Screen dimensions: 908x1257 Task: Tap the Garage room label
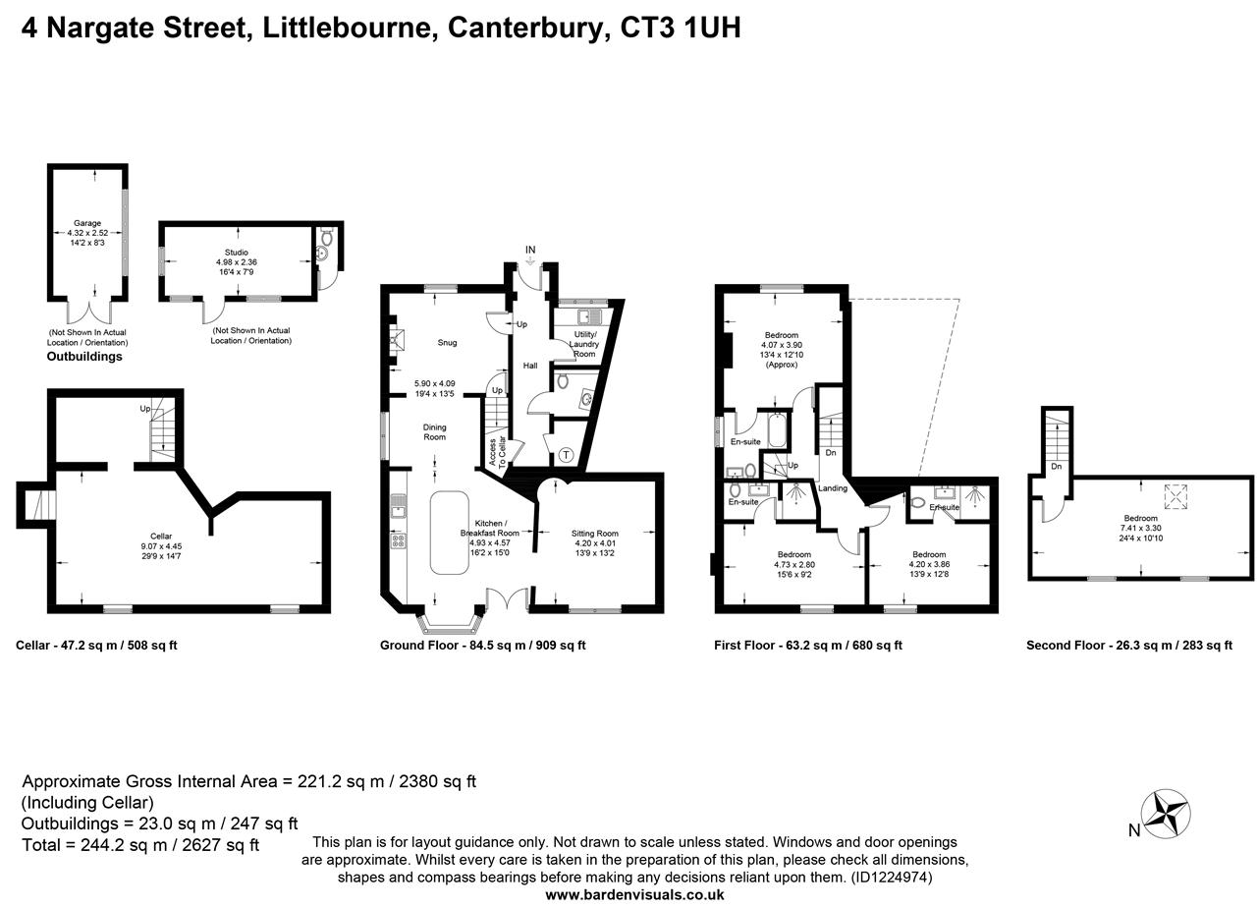(87, 223)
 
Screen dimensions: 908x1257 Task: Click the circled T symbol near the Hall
(567, 455)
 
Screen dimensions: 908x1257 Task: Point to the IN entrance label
(530, 251)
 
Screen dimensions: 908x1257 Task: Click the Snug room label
(448, 343)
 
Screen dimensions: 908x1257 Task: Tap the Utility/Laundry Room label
(584, 344)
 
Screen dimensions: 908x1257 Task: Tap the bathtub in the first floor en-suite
(777, 428)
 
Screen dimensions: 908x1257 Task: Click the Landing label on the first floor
(833, 488)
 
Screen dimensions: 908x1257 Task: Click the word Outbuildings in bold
(84, 357)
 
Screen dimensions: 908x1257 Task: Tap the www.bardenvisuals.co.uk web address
(634, 894)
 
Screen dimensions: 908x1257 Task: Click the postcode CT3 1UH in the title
(681, 28)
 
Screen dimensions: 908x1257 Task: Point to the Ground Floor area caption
(482, 646)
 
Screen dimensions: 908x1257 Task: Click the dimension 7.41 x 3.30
(1140, 528)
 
